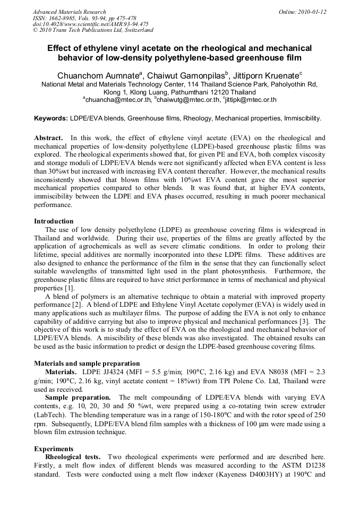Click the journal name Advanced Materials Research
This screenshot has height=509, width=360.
tap(69, 12)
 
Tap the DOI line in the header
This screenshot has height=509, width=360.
tap(90, 24)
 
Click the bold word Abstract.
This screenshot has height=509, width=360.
tap(48, 137)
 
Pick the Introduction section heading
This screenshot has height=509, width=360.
tap(54, 221)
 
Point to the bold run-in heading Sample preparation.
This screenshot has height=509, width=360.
tap(78, 397)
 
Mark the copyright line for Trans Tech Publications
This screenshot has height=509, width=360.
tap(93, 30)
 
